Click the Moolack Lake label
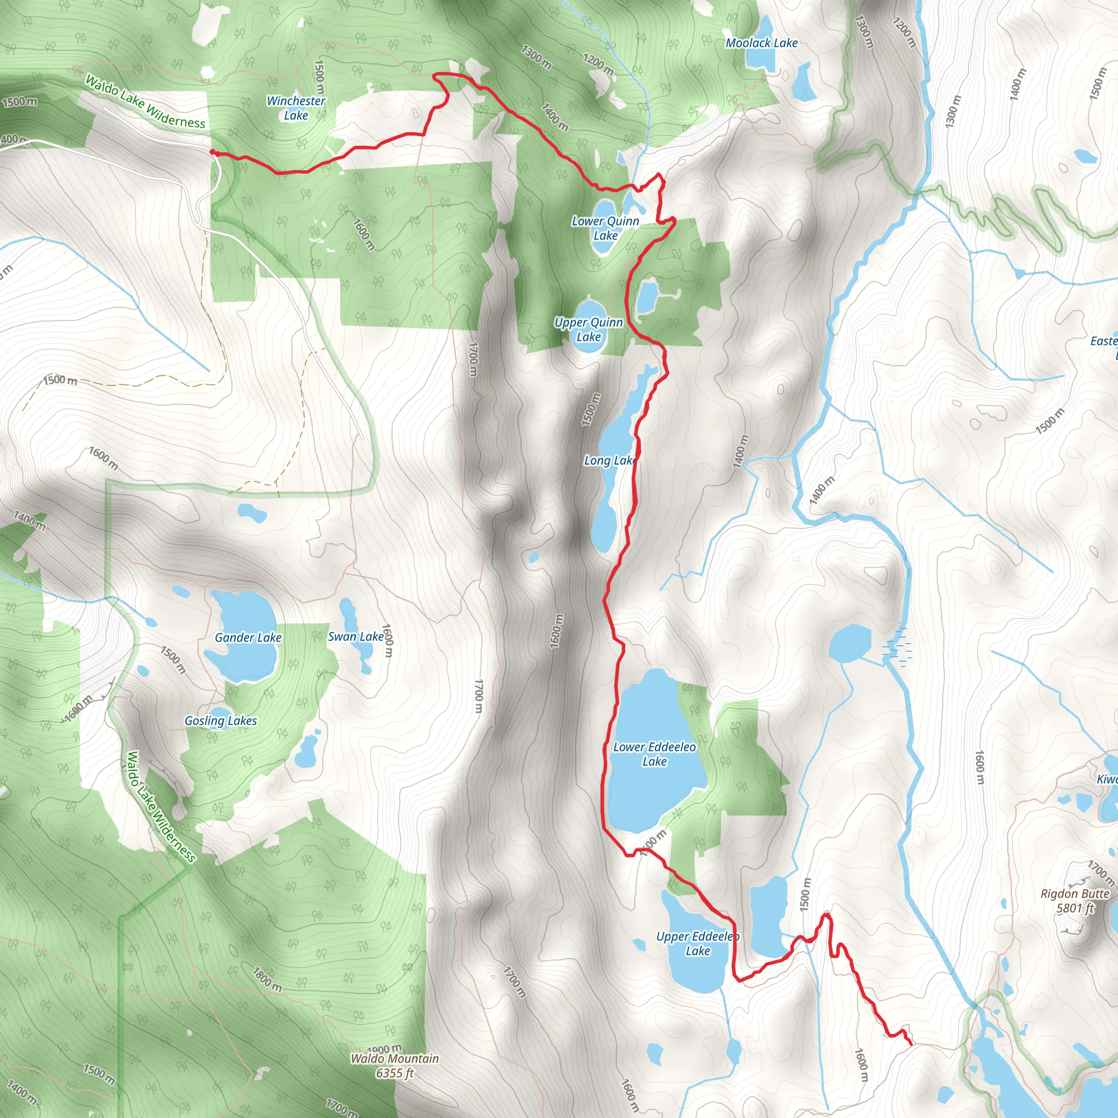coord(762,43)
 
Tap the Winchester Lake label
coord(296,108)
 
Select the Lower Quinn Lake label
coord(605,228)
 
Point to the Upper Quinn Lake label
coord(588,329)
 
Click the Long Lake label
coord(609,461)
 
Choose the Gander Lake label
coord(248,637)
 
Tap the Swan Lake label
coord(355,637)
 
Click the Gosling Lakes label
coord(221,721)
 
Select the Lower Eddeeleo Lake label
coord(655,754)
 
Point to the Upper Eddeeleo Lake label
coord(697,943)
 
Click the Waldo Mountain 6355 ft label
coord(395,1066)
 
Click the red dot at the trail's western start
coord(212,152)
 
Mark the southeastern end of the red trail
coord(911,1044)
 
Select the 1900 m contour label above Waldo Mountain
coord(384,1049)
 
